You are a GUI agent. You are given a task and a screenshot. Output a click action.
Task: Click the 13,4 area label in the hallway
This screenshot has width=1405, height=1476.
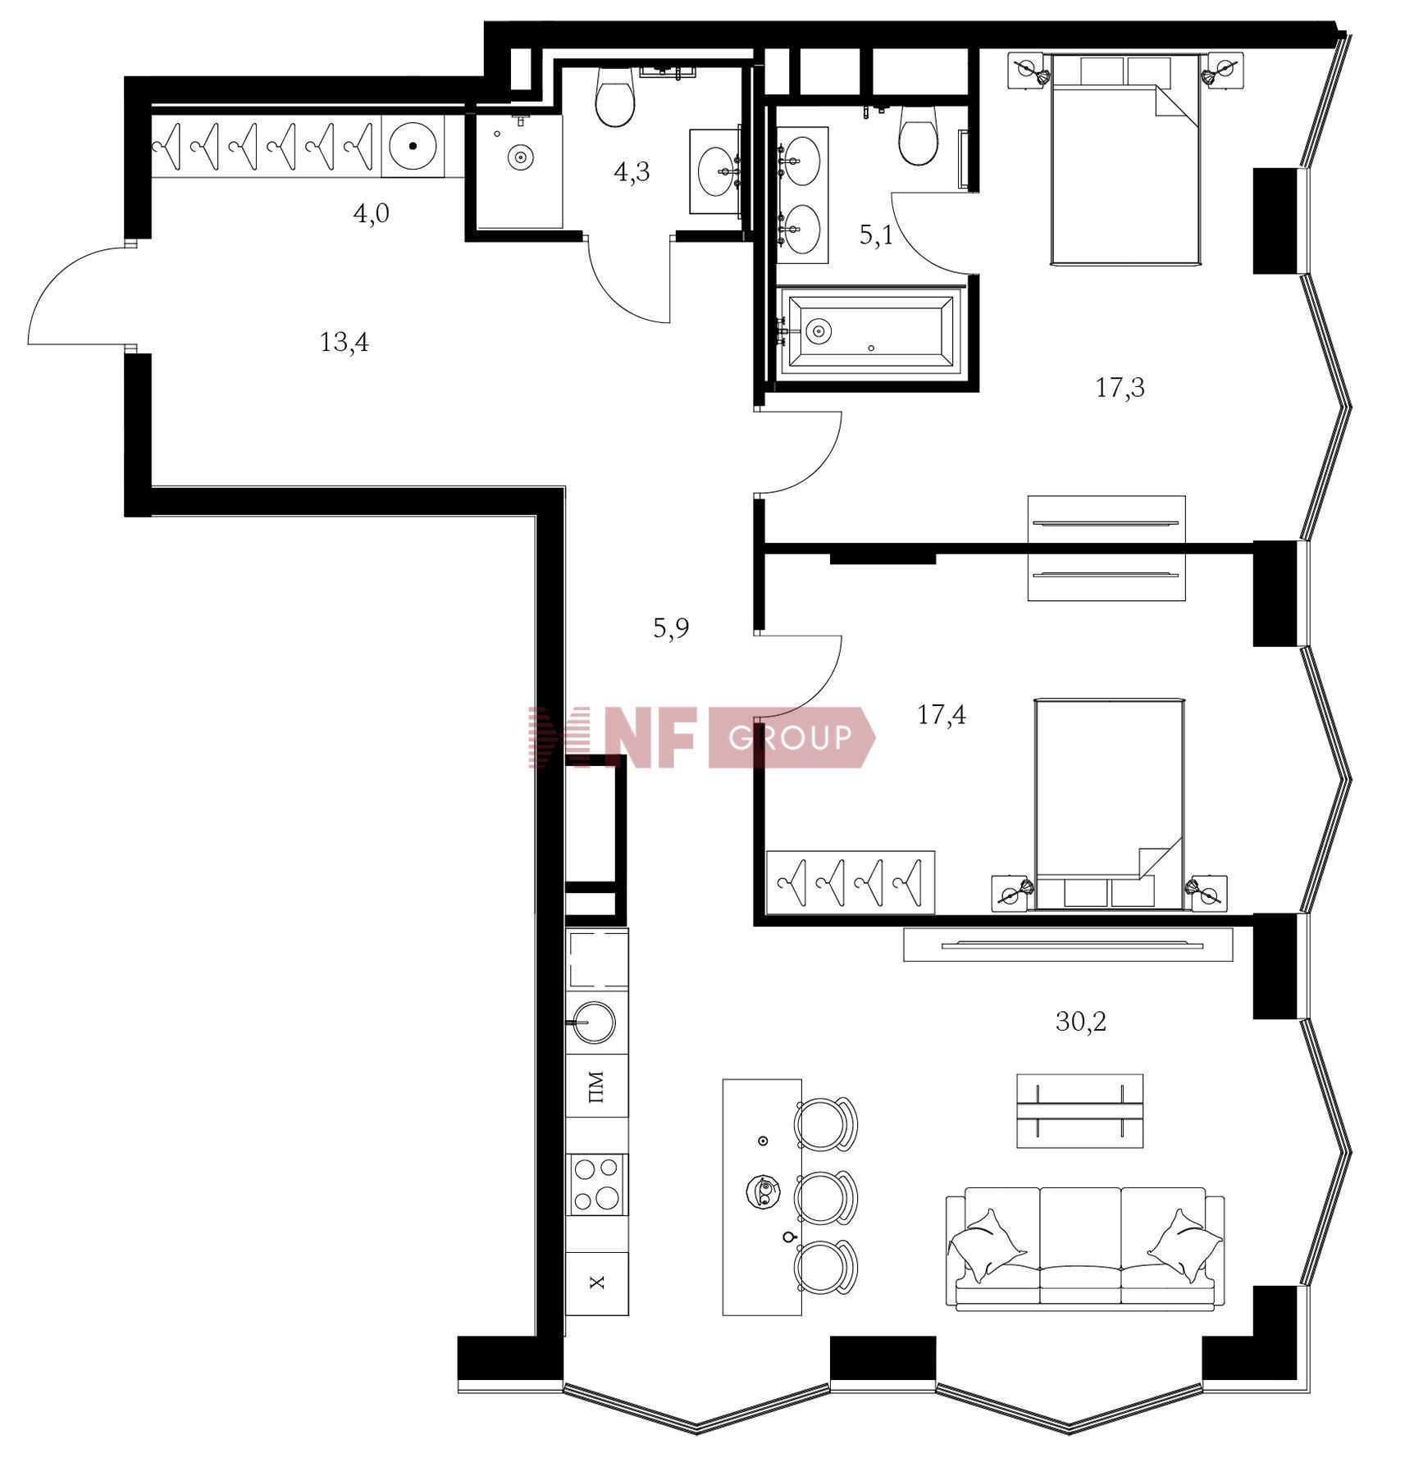pyautogui.click(x=344, y=341)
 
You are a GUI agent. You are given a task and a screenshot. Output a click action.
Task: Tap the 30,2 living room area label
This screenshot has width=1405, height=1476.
pyautogui.click(x=1080, y=1021)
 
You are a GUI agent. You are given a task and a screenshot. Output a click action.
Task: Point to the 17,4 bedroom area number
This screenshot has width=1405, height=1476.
pyautogui.click(x=941, y=714)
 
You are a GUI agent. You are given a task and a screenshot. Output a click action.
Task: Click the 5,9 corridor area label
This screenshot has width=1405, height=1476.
pyautogui.click(x=670, y=628)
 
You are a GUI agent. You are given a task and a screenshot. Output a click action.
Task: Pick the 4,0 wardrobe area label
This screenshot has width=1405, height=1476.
pyautogui.click(x=371, y=214)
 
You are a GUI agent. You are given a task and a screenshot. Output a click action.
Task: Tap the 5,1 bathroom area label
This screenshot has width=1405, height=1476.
pyautogui.click(x=875, y=235)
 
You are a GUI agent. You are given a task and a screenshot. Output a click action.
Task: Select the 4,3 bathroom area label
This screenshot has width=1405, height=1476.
pyautogui.click(x=632, y=171)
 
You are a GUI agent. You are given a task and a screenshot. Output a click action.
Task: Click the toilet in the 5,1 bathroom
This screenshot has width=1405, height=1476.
pyautogui.click(x=919, y=134)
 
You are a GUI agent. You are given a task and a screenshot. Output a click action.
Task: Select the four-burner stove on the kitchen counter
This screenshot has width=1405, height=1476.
pyautogui.click(x=596, y=1184)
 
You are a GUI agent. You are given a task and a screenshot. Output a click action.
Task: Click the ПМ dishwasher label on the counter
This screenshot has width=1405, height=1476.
pyautogui.click(x=596, y=1086)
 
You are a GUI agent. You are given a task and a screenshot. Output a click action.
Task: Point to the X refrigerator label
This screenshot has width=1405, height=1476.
pyautogui.click(x=597, y=1282)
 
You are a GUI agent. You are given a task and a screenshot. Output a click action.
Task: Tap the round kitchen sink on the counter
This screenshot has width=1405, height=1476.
pyautogui.click(x=594, y=1023)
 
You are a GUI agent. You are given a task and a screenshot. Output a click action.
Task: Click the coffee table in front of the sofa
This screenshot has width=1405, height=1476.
pyautogui.click(x=1079, y=1110)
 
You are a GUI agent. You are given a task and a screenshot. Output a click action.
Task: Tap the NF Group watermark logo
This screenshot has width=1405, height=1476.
pyautogui.click(x=701, y=737)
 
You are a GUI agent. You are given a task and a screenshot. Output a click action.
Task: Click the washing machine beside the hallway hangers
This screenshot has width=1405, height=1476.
pyautogui.click(x=413, y=145)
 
